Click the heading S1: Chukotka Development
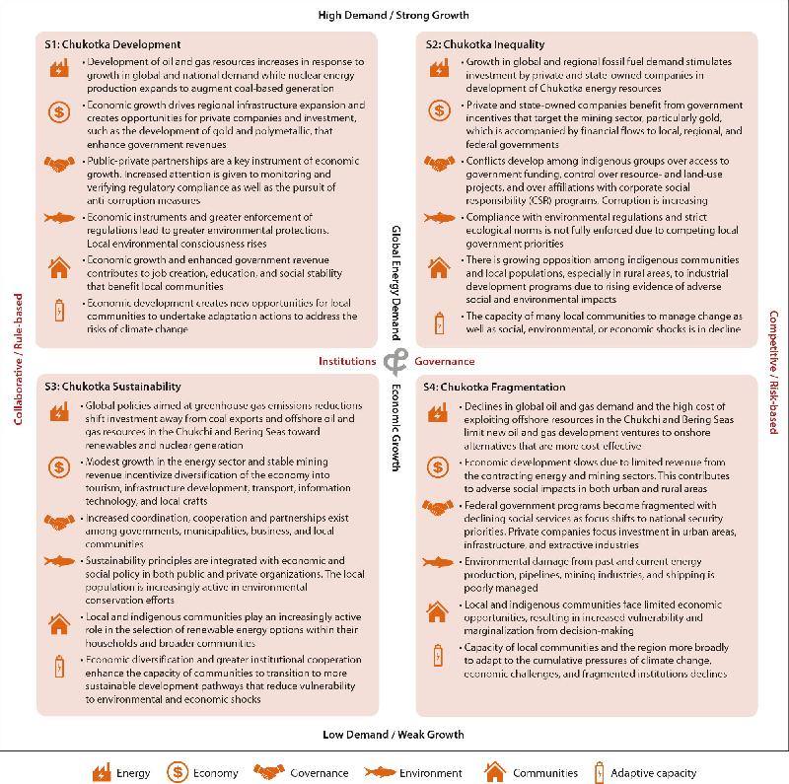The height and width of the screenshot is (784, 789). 112,44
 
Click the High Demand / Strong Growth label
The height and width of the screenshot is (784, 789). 394,15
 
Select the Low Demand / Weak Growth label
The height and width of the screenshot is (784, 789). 394,735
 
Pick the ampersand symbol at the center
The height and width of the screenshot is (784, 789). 394,362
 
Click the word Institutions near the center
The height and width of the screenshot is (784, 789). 347,362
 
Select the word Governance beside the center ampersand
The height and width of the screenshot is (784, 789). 444,362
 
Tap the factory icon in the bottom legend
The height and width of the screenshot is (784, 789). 100,772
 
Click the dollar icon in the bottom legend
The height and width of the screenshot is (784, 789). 179,772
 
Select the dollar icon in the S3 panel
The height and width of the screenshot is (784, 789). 60,467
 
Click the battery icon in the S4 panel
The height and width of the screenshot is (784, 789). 437,654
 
